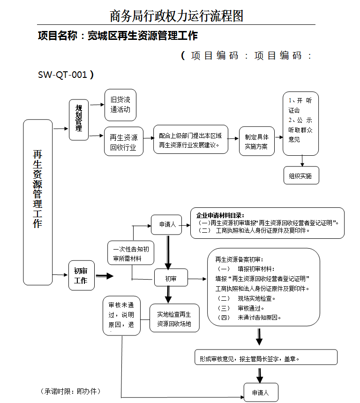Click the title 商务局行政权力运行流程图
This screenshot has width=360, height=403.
[177, 16]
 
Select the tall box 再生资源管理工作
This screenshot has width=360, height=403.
[37, 202]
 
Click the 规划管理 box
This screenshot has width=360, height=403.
[79, 120]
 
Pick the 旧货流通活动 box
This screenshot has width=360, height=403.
[120, 105]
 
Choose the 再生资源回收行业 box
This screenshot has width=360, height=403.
[123, 142]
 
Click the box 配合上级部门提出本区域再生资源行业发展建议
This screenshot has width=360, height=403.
[191, 139]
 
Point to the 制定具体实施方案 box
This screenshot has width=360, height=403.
[256, 142]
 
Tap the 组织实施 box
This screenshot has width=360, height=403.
[300, 176]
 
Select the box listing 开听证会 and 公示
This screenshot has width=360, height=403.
[300, 123]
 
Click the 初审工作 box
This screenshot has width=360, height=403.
[82, 275]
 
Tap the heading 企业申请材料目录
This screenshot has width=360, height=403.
[220, 216]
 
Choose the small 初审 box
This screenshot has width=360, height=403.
[171, 278]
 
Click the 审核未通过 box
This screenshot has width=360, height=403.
[121, 315]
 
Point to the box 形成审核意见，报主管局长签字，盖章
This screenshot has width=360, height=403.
[266, 357]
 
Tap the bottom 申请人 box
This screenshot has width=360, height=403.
[261, 392]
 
